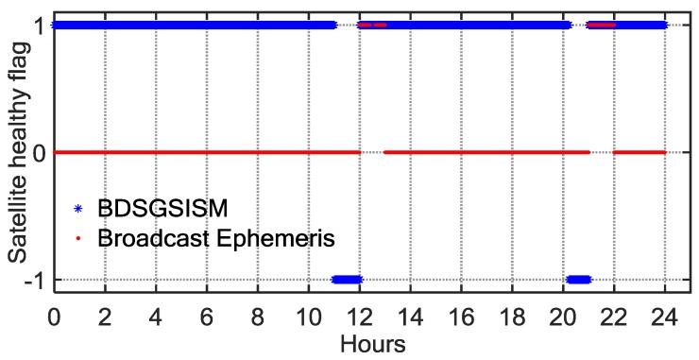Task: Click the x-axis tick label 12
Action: pos(359,317)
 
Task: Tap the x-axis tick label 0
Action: pos(55,317)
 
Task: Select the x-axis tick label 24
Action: pos(664,317)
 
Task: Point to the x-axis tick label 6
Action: pos(207,317)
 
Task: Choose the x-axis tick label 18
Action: pos(512,317)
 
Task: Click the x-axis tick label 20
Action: pos(563,317)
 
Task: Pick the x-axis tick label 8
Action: pos(258,317)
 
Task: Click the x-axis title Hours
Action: pos(372,343)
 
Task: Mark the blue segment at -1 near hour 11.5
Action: pos(347,279)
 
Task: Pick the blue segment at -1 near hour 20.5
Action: pos(578,279)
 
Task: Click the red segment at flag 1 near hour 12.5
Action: pos(371,26)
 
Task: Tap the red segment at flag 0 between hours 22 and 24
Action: pos(639,152)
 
